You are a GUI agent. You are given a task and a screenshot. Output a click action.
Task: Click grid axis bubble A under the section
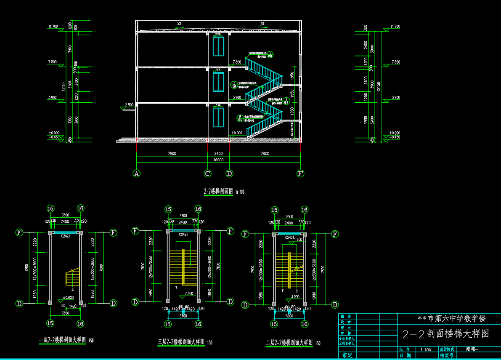tap(136, 173)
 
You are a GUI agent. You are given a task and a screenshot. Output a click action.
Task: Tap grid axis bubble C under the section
tap(207, 173)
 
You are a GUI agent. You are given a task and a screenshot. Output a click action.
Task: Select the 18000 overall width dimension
tap(218, 160)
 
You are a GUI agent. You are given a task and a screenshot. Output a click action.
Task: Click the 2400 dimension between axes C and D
tap(218, 154)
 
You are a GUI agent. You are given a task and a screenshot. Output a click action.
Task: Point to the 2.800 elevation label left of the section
tap(129, 104)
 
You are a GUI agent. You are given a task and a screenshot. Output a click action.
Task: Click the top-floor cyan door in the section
tap(218, 46)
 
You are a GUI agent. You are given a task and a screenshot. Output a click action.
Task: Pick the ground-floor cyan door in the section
tap(218, 117)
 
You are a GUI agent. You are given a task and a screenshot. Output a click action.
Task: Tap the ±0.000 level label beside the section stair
tap(237, 133)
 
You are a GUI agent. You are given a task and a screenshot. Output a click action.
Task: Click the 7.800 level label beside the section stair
tap(237, 62)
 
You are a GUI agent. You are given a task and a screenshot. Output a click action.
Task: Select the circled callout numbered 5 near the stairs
tap(240, 118)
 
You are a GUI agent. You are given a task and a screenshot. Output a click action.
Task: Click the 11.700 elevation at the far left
tap(53, 27)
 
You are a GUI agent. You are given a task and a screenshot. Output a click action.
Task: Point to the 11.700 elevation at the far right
tap(395, 27)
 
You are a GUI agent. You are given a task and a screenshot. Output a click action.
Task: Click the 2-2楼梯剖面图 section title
tap(218, 192)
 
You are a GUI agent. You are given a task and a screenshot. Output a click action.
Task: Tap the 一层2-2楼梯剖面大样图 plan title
tap(62, 340)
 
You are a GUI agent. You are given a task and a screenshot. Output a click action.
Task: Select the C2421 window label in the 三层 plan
tap(183, 235)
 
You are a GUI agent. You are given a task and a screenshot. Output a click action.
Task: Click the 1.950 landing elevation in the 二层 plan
tap(298, 240)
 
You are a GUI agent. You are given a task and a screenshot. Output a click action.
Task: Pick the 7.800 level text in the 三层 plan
tap(188, 293)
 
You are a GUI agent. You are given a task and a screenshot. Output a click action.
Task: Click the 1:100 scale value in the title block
tap(425, 349)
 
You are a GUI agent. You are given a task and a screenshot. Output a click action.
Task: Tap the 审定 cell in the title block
tap(347, 356)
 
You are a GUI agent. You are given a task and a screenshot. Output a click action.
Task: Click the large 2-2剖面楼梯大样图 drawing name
tap(445, 334)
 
